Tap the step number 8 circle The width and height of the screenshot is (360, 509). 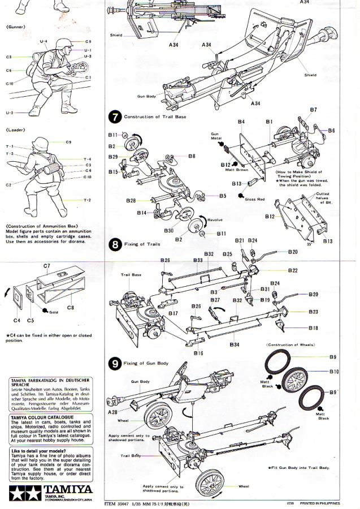coord(115,245)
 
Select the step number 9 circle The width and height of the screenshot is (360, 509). coord(115,364)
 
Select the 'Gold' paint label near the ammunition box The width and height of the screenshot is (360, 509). coord(54,311)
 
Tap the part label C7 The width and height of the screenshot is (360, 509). coord(47,265)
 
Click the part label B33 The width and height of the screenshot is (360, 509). coord(197,260)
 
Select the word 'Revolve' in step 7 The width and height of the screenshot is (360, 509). coord(215,219)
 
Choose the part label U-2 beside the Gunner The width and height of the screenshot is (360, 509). coord(10,113)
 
